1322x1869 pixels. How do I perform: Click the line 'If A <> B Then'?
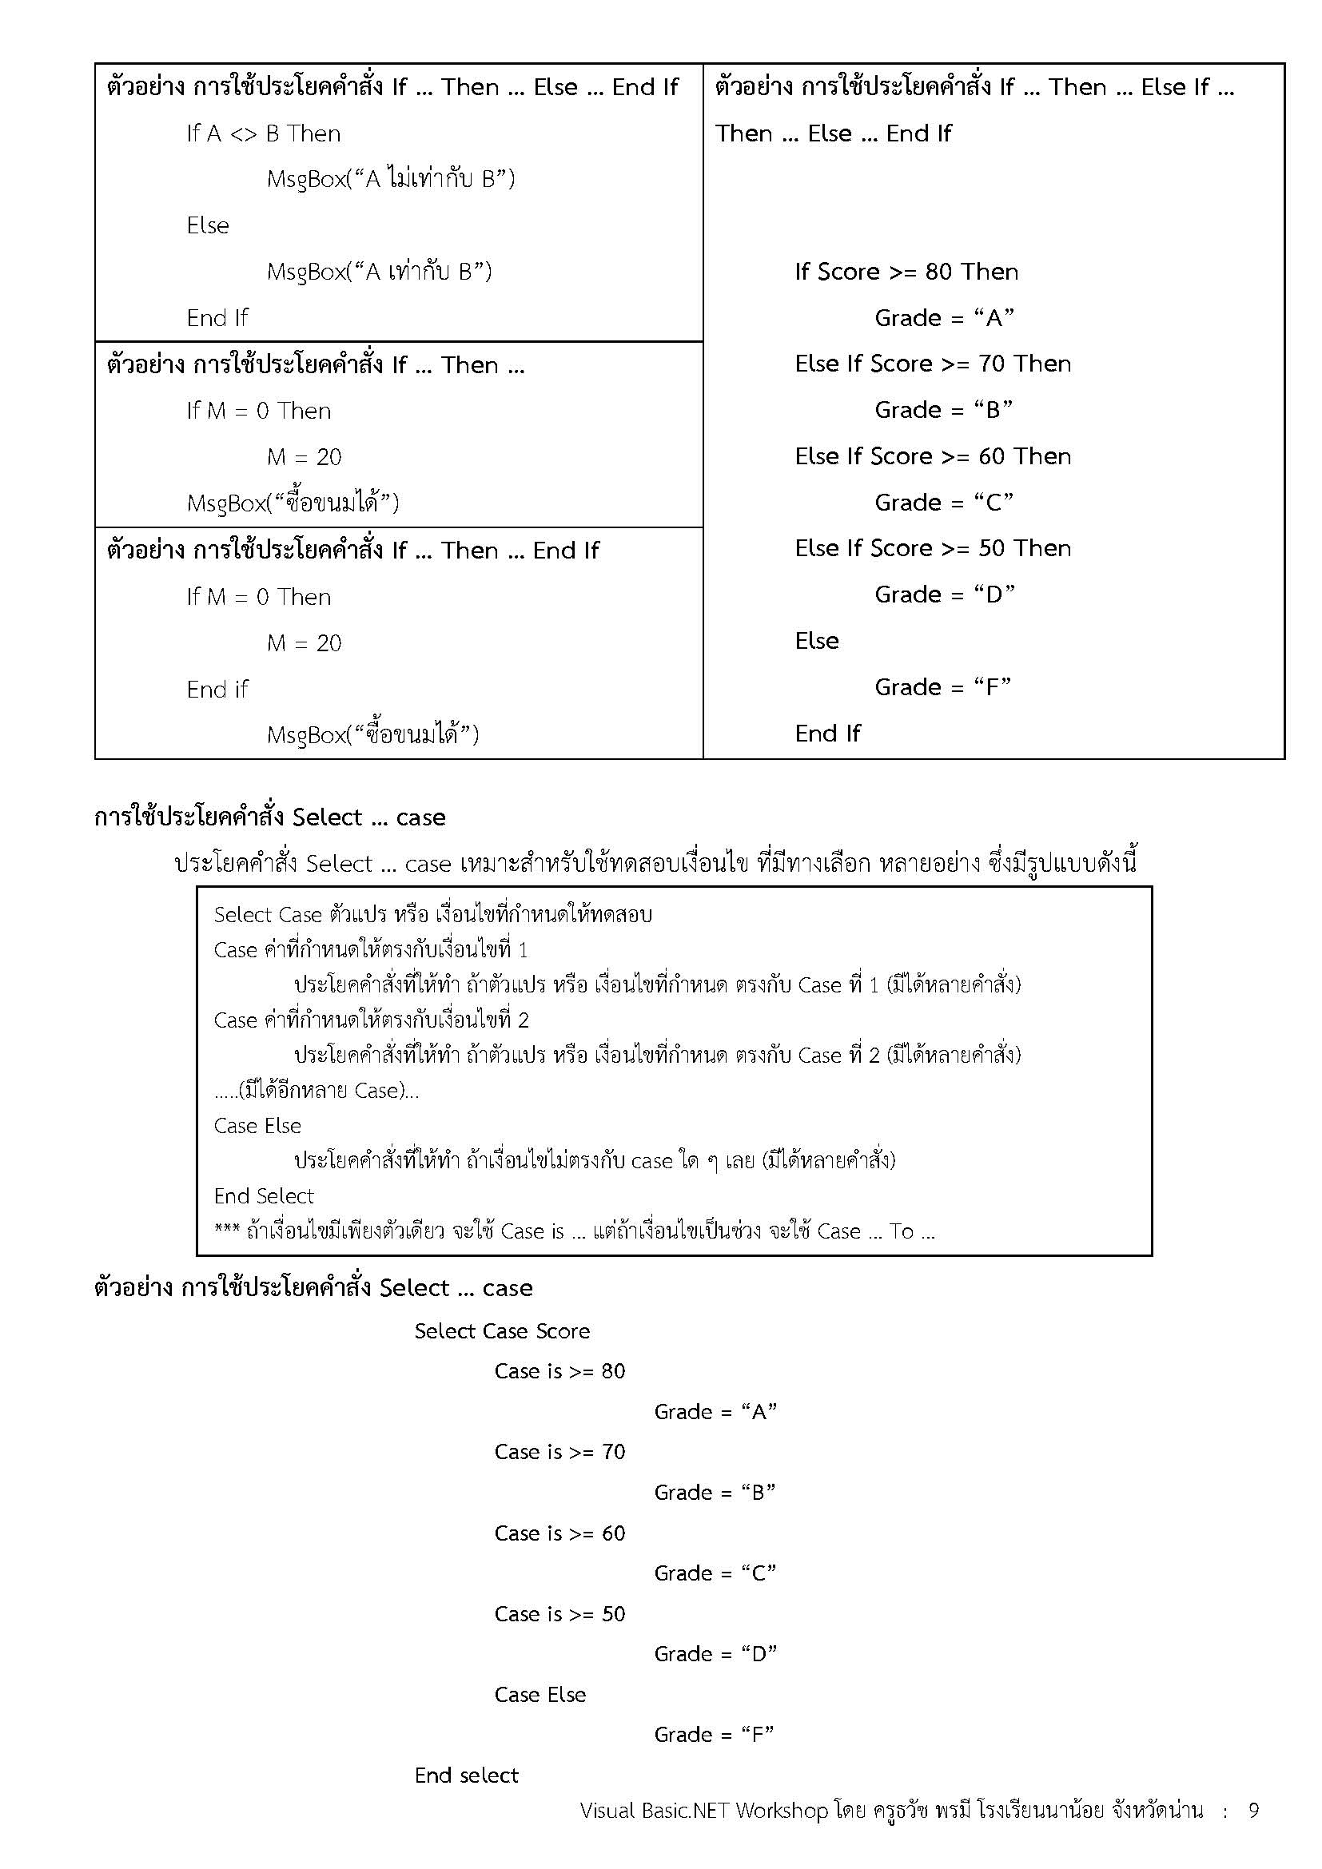pos(263,133)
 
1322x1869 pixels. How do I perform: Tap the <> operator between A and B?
pos(244,134)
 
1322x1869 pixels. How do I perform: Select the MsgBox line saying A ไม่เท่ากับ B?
pos(391,179)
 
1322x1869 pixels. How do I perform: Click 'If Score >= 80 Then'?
pos(906,272)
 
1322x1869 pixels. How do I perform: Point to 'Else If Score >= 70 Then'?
pos(933,364)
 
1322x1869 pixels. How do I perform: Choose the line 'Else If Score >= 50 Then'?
pos(933,549)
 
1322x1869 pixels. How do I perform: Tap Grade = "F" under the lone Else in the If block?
pos(942,687)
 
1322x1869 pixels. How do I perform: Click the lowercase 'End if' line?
pos(217,690)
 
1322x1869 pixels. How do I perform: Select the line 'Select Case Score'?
pos(501,1331)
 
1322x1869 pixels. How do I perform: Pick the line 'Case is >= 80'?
pos(559,1372)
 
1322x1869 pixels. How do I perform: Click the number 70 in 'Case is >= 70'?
pos(613,1452)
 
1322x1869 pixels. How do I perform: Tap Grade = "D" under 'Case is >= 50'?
pos(715,1654)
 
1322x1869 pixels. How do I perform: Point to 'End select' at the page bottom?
pos(466,1776)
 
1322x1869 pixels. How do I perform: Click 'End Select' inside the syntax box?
pos(264,1196)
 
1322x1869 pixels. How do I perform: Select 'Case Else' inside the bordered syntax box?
pos(257,1126)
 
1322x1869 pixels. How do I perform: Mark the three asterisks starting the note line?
pos(226,1231)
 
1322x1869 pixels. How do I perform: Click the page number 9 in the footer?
pos(1253,1811)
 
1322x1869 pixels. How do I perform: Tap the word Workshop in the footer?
pos(782,1811)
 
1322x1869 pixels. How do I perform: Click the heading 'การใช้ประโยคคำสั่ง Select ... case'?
pos(270,817)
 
